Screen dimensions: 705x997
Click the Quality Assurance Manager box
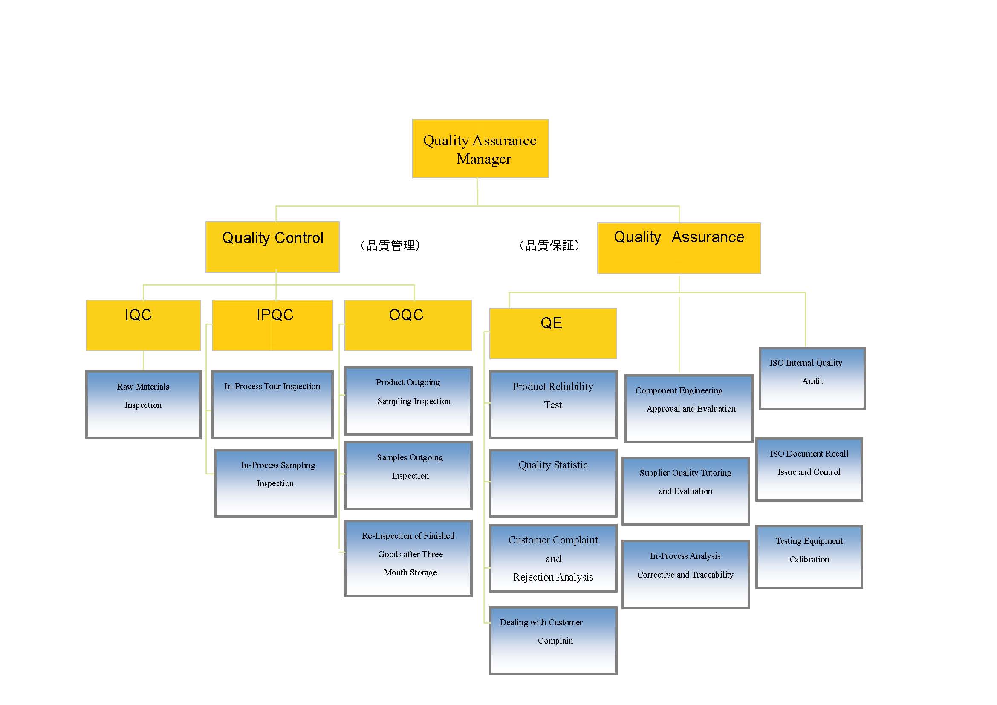(480, 148)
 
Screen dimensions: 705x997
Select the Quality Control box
(272, 246)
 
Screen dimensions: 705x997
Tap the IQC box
(143, 325)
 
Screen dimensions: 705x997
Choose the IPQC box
(272, 325)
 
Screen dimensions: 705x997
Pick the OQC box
(408, 325)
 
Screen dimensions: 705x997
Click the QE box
(553, 333)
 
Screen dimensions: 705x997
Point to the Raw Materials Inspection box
(143, 404)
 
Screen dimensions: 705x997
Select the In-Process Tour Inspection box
(272, 404)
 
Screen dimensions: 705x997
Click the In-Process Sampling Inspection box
(275, 483)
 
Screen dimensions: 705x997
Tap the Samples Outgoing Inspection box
(408, 475)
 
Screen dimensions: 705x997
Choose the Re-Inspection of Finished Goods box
(408, 558)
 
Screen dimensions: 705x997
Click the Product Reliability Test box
(553, 404)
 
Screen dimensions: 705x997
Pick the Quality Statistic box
(553, 483)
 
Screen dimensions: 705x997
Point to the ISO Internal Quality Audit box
(812, 378)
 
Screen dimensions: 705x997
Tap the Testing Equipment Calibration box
(809, 557)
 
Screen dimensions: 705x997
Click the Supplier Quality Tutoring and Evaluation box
(685, 491)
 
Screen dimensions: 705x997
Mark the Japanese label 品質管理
(390, 246)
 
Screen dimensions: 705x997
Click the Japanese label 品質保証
(549, 246)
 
